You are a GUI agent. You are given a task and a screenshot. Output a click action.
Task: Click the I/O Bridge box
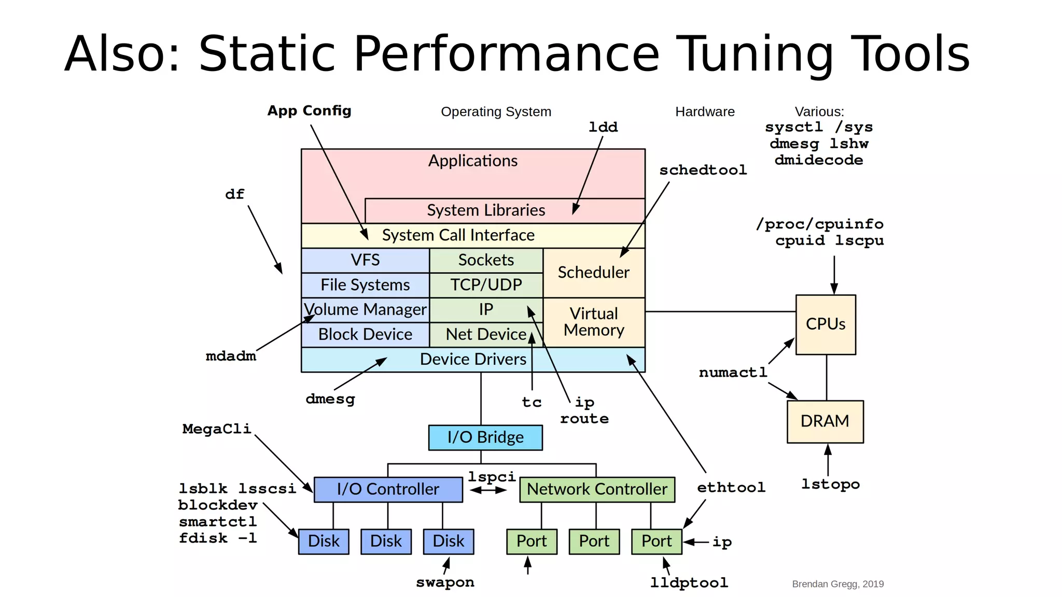point(485,437)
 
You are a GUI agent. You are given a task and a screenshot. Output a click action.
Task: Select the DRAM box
point(825,421)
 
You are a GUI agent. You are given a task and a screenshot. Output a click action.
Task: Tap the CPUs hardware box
point(826,324)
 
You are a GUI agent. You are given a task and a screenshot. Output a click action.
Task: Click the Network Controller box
point(597,489)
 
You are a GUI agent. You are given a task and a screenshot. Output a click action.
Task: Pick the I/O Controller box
point(388,489)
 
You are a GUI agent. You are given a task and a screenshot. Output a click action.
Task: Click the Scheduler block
point(594,273)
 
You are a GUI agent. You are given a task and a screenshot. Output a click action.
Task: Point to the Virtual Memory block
point(594,322)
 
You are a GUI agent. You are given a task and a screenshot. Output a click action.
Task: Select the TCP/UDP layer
point(486,285)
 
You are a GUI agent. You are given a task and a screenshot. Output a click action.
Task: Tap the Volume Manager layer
point(365,310)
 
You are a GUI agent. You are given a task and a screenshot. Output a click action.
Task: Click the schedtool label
point(703,170)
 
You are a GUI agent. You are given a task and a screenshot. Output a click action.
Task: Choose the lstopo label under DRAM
point(830,485)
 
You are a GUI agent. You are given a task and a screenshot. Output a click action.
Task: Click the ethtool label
point(731,488)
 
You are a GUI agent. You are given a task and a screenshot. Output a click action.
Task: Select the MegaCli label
point(217,429)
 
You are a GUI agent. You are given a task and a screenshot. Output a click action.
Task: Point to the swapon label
point(445,582)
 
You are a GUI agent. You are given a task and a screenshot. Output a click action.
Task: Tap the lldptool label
point(689,583)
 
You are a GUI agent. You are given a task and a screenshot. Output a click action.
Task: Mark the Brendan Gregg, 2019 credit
point(837,584)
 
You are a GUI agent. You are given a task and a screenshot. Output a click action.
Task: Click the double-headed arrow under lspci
point(488,490)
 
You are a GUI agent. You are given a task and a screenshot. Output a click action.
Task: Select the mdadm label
point(231,357)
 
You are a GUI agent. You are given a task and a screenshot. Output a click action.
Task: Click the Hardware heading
point(705,112)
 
